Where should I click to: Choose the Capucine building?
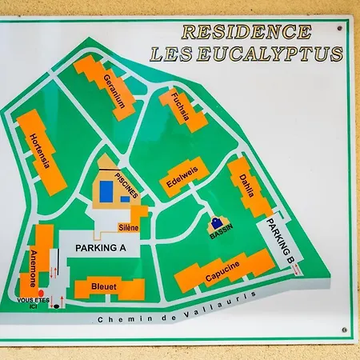223,271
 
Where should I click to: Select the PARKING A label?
101,249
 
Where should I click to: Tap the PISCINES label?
126,183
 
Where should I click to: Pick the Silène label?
128,228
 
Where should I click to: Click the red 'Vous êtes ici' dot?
41,294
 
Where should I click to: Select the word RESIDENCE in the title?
246,32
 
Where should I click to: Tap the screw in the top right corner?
340,29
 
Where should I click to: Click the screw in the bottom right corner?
345,329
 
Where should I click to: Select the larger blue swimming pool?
106,193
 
